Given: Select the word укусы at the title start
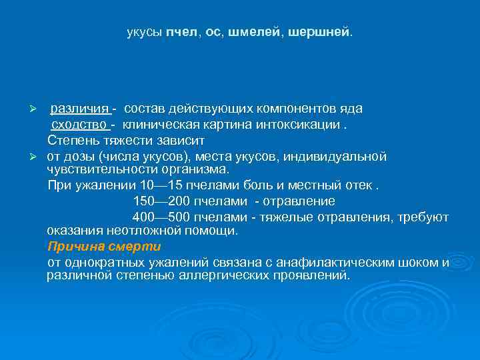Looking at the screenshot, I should [144, 32].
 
